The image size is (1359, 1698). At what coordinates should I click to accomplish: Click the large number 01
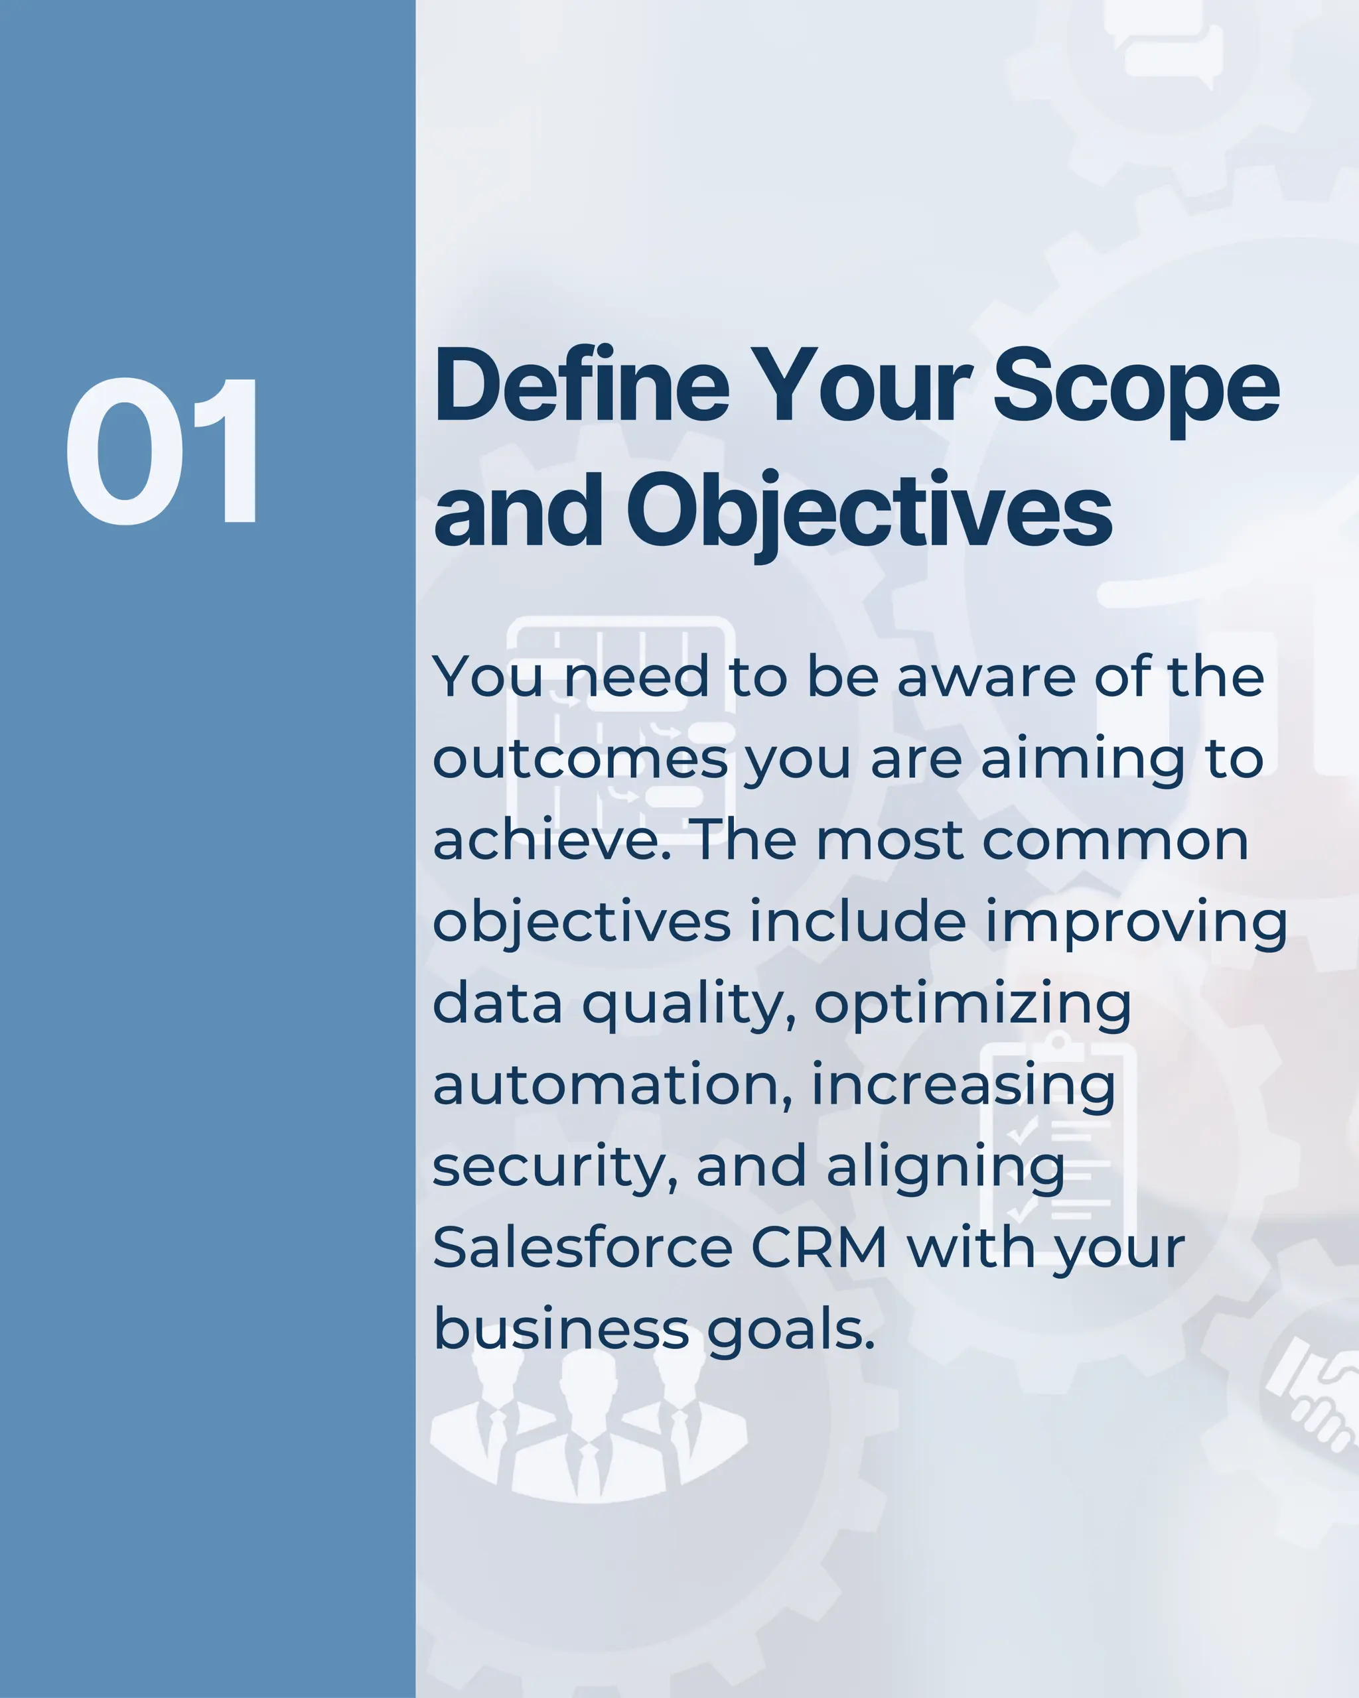coord(161,450)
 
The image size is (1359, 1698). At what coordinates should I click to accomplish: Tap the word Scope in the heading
coord(1135,387)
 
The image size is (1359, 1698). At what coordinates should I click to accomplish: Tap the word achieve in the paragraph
coord(551,840)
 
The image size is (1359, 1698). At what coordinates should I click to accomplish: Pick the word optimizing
coord(972,1004)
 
